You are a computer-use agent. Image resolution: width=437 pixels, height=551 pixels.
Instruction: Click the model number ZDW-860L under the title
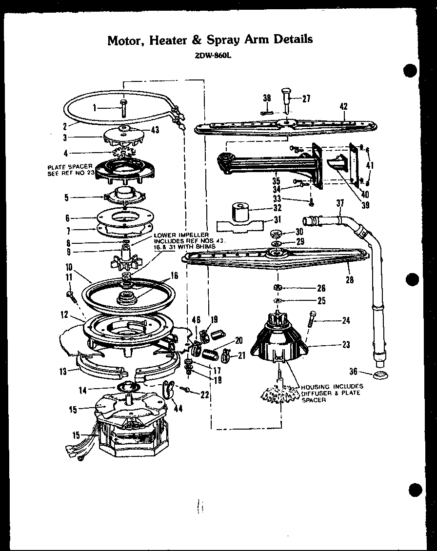pos(210,55)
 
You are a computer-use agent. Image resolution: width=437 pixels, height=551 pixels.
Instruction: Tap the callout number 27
pos(306,98)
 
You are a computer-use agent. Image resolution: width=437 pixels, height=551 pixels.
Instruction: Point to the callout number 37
pos(340,203)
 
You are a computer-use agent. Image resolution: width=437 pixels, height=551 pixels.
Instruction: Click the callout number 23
pos(346,344)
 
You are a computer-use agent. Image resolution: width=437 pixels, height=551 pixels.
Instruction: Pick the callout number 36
pos(354,371)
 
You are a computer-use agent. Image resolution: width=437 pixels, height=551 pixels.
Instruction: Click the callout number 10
pos(68,267)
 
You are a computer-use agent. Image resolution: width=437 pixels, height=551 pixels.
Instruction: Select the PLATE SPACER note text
pos(70,170)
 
